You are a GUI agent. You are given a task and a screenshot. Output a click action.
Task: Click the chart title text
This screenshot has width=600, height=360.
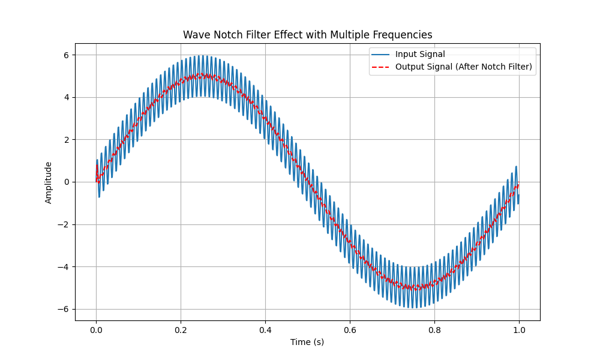[308, 35]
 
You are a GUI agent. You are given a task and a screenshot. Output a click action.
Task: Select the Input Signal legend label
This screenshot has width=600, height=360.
[420, 55]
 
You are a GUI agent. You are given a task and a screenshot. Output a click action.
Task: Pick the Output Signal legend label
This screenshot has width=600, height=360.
[463, 67]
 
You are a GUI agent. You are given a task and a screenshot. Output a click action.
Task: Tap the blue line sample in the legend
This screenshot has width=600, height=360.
[380, 55]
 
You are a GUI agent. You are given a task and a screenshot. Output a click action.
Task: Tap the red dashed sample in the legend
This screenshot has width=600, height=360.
[380, 67]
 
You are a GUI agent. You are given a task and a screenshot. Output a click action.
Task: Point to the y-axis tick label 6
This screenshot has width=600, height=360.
[67, 55]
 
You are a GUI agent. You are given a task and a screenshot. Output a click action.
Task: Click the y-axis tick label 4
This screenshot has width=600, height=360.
[67, 98]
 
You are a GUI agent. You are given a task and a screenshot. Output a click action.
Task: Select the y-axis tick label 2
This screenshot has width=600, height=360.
[67, 140]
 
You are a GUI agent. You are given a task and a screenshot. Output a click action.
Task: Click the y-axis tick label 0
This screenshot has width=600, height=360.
[67, 182]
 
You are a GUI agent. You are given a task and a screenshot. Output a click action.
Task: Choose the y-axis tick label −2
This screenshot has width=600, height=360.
[64, 224]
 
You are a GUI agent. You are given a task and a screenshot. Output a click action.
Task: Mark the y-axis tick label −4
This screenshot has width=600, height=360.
[64, 267]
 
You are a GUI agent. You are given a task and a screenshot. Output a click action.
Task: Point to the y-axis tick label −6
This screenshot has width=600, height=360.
[64, 309]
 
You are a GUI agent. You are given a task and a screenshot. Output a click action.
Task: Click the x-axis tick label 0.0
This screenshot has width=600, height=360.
[96, 330]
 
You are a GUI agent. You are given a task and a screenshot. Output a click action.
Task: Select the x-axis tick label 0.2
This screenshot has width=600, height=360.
[181, 330]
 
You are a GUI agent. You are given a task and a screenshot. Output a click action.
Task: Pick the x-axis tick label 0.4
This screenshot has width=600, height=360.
[265, 330]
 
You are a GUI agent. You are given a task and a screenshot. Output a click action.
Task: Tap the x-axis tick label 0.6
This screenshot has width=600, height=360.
[350, 330]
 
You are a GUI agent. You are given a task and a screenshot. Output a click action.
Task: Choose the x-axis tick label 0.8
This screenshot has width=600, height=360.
[434, 330]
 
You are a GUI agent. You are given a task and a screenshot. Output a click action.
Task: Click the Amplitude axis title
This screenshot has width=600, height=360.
[48, 182]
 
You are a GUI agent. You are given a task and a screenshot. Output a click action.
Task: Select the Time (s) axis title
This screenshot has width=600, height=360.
[307, 342]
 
